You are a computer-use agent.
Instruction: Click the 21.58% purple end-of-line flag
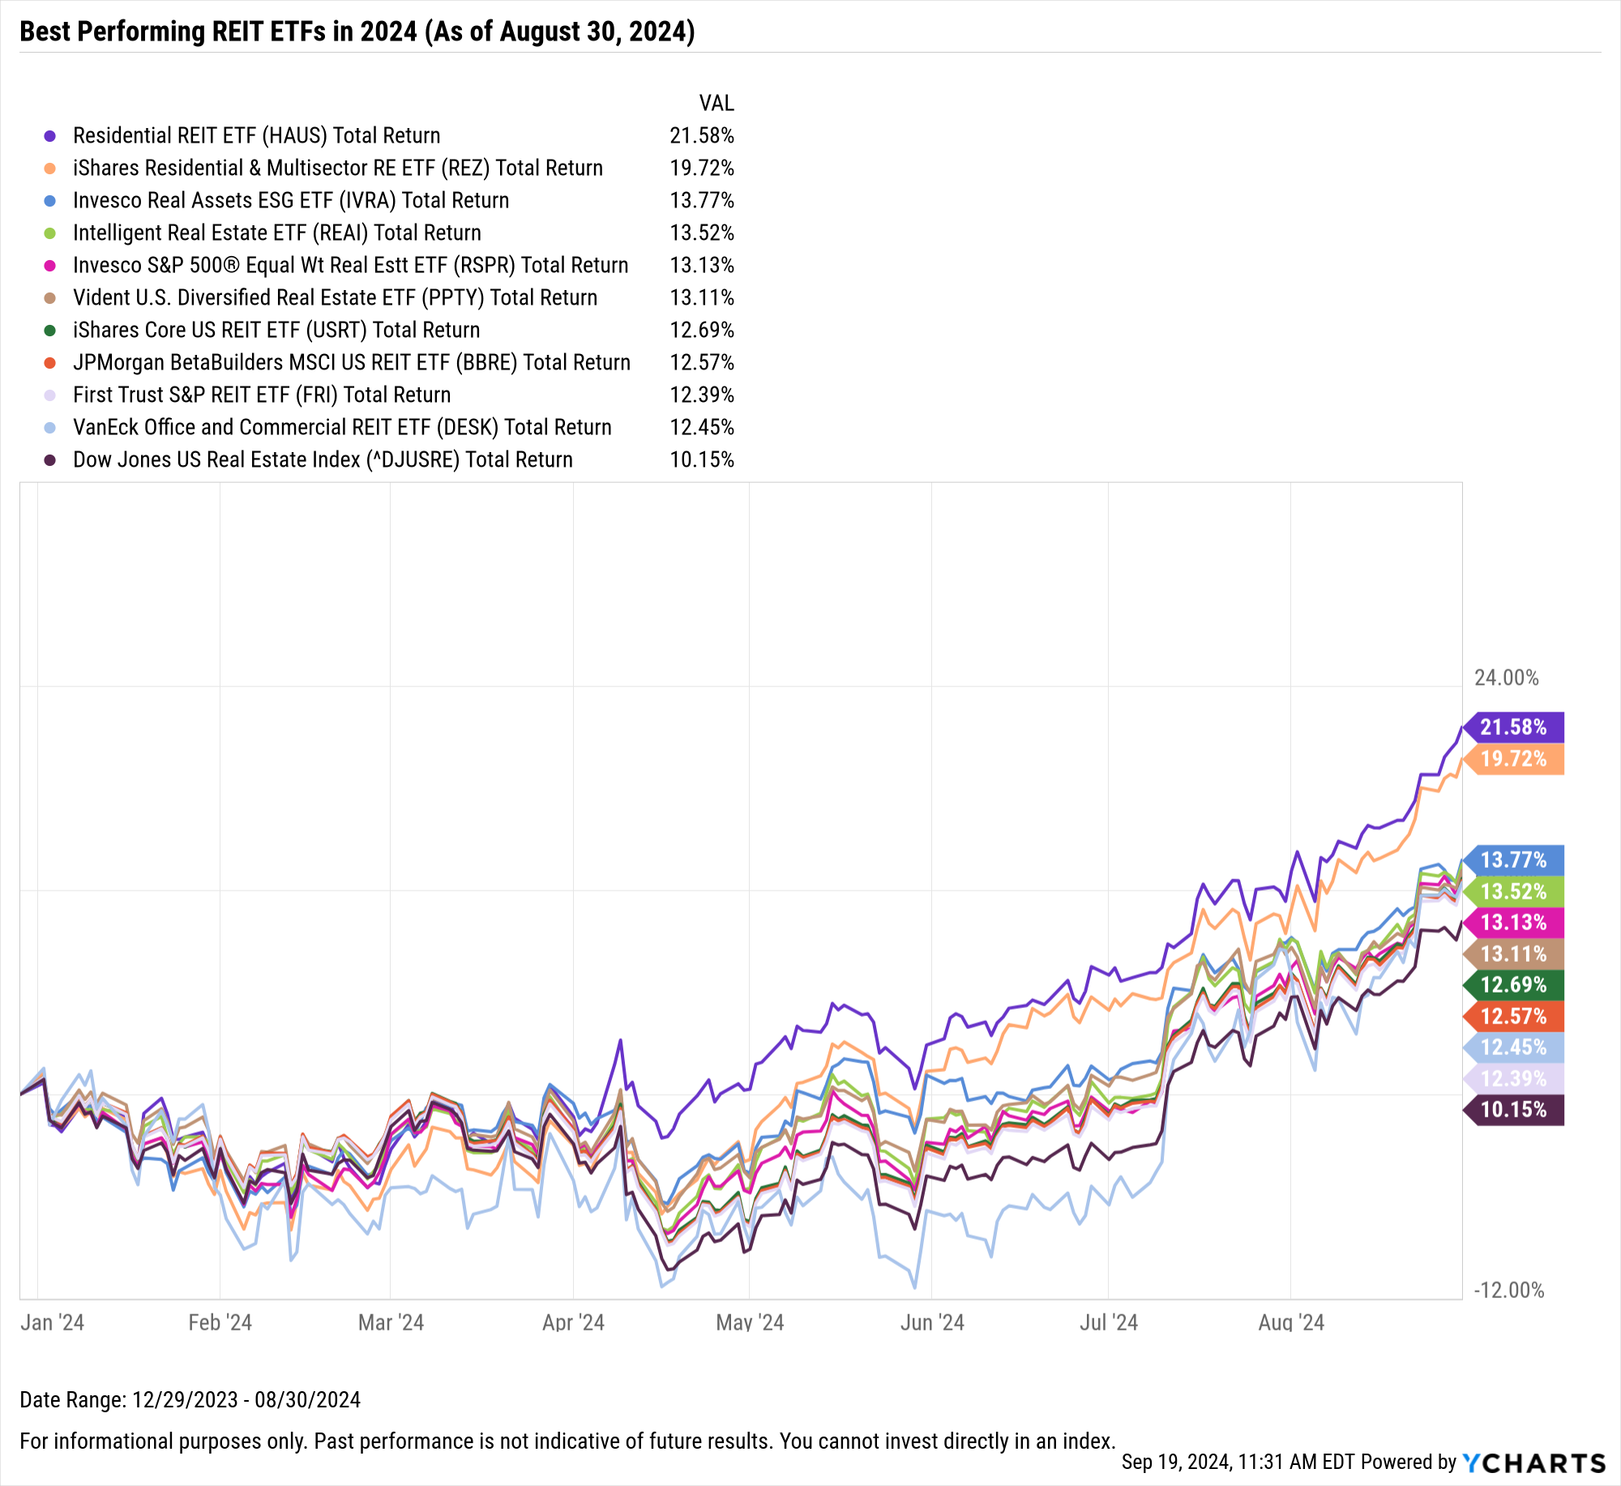pos(1513,727)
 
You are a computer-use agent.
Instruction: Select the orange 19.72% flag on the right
pos(1513,759)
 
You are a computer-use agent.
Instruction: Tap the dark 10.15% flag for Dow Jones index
pos(1513,1109)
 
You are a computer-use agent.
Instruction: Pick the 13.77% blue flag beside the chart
pos(1513,860)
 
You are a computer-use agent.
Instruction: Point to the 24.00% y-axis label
pos(1506,677)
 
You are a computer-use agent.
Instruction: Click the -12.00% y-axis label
pos(1508,1290)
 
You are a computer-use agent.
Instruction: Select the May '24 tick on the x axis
pos(750,1322)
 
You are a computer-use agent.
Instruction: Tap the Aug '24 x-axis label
pos(1290,1322)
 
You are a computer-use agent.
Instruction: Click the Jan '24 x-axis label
pos(52,1322)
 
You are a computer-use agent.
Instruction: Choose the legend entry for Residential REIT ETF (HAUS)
pos(256,135)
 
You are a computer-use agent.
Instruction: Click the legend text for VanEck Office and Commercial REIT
pos(342,427)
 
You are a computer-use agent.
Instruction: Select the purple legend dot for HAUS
pos(50,136)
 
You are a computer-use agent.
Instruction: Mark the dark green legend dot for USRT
pos(50,331)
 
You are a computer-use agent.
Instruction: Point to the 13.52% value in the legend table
pos(701,233)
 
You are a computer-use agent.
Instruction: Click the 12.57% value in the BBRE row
pos(701,362)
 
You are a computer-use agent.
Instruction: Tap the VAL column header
pos(716,103)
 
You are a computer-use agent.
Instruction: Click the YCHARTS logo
pos(1533,1463)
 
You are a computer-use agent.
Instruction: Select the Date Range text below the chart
pos(190,1399)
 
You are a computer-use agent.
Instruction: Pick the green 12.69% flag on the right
pos(1513,984)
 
